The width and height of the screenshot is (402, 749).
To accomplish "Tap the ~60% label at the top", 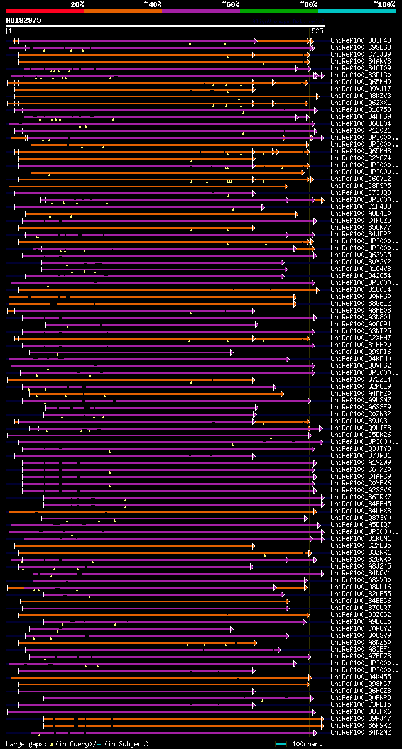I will (x=231, y=4).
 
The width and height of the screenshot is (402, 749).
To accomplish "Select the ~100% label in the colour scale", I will (x=384, y=4).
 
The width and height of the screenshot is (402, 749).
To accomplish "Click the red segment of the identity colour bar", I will (x=45, y=11).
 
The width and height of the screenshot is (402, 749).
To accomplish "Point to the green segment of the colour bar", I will (x=278, y=11).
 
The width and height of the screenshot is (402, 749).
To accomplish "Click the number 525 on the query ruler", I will (x=317, y=30).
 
